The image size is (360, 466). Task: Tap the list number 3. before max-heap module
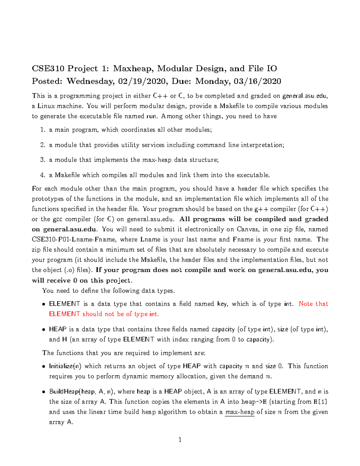click(x=43, y=160)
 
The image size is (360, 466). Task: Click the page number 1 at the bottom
click(x=180, y=440)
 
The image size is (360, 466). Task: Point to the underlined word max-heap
click(x=240, y=412)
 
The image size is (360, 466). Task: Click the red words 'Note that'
click(x=313, y=304)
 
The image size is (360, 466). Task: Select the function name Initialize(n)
click(x=65, y=366)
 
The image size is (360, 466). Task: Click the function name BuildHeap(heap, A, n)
click(x=82, y=392)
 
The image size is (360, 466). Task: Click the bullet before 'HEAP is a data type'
click(x=44, y=330)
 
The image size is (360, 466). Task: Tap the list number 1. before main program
click(x=43, y=130)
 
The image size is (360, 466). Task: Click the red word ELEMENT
click(x=64, y=314)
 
